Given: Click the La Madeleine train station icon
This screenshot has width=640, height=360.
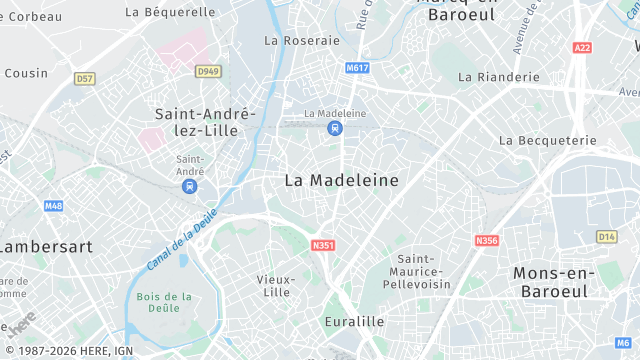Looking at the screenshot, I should pos(335,128).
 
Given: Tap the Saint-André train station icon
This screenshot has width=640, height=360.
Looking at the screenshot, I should pos(190,186).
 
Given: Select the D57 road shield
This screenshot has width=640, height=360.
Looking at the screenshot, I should pos(85,78).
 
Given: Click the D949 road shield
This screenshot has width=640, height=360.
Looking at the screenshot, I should pos(207,71).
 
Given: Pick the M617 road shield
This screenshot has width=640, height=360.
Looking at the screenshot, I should pos(356,68).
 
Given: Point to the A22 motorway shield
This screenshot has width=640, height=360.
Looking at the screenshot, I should pos(582,47).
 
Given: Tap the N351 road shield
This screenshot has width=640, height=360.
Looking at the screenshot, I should pos(322,245).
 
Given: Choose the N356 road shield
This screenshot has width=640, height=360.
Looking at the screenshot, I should pos(487,240).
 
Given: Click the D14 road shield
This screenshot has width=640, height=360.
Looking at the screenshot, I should pos(606,236).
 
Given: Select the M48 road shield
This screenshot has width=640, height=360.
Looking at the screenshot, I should pos(54,206).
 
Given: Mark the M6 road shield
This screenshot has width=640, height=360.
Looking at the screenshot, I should pos(623,343).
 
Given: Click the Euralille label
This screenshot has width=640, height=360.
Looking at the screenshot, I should pos(354,322).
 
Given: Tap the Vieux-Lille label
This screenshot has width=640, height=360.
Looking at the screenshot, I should pos(273,285).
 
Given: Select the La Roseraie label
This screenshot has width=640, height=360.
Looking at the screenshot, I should pos(302,41).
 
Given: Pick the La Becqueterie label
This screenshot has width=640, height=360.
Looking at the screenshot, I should pos(539,141).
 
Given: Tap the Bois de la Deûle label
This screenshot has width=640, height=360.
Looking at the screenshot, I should pos(165,303).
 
